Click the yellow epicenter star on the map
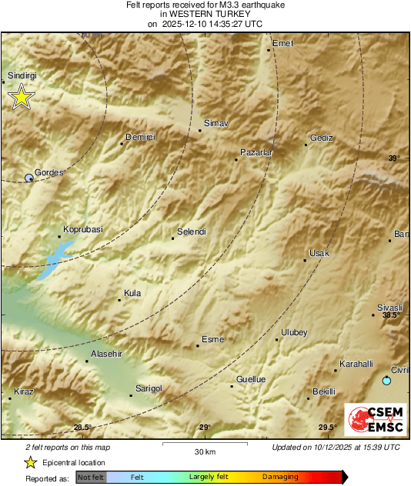tap(22, 97)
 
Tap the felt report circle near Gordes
tap(29, 178)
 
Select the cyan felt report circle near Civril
tap(386, 381)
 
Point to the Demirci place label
tap(141, 137)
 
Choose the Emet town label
tap(282, 43)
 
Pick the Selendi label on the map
tap(192, 231)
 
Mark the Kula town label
tap(132, 293)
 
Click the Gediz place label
tap(321, 138)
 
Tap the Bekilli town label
tap(324, 391)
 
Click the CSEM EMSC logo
tap(372, 421)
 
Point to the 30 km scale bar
tap(205, 444)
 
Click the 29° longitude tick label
tap(204, 428)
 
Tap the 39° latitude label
tap(393, 158)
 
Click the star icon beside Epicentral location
tap(30, 462)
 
